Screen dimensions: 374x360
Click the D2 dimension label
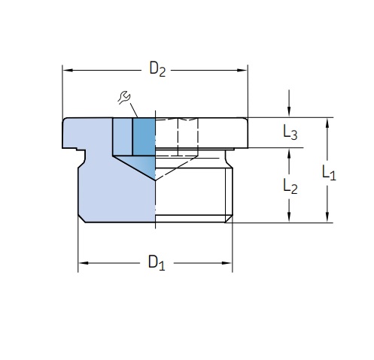pos(157,69)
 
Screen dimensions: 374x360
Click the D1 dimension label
pos(157,263)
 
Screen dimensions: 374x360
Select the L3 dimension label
pos(290,132)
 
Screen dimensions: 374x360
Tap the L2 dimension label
pos(290,186)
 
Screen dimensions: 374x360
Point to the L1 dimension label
pos(329,172)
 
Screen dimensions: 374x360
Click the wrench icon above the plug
pos(124,98)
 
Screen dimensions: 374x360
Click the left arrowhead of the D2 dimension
pos(68,70)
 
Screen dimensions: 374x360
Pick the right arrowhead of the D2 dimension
pos(242,70)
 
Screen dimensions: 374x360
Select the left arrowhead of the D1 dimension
pos(84,263)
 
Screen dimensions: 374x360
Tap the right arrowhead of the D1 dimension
pos(227,263)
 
